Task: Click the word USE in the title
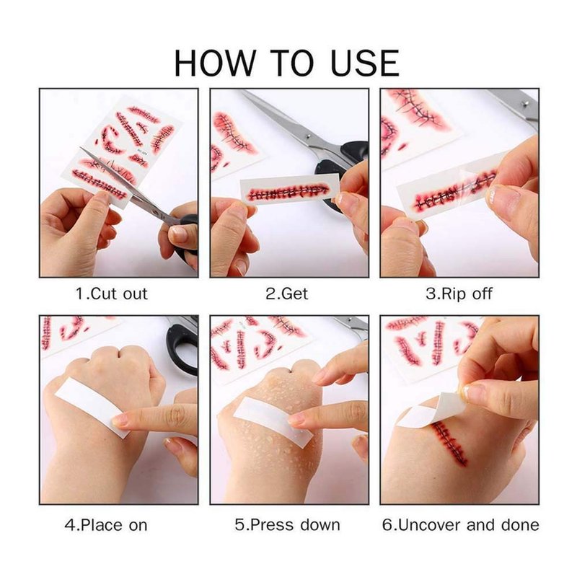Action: click(x=364, y=63)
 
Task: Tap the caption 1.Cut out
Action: click(x=112, y=294)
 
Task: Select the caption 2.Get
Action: click(x=287, y=294)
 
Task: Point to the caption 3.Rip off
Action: click(x=459, y=294)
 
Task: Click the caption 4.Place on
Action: click(x=106, y=525)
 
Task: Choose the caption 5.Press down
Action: click(x=287, y=525)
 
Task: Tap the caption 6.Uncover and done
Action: click(x=460, y=525)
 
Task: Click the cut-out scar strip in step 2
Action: click(x=289, y=190)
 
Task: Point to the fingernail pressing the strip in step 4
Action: click(x=120, y=420)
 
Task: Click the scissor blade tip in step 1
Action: click(x=81, y=148)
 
